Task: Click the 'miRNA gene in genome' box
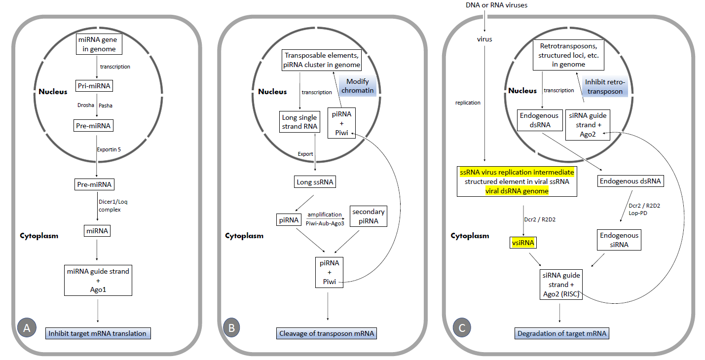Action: coord(99,44)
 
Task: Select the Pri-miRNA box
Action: coord(94,86)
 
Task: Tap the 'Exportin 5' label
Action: coord(109,149)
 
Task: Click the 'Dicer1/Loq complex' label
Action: coord(113,206)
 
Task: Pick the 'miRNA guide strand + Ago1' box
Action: coord(98,281)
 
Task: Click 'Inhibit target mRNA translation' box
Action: coord(98,333)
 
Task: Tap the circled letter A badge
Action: coord(27,327)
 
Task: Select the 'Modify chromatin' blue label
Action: coord(358,86)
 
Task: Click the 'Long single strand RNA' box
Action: coord(299,122)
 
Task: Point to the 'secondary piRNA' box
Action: coord(368,216)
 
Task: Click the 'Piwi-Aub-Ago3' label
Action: coord(325,223)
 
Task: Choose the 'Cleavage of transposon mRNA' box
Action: coord(327,333)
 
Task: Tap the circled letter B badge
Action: coord(232,327)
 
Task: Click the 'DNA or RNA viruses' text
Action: coord(496,5)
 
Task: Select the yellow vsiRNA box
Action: coord(523,243)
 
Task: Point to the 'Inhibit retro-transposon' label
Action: coord(605,86)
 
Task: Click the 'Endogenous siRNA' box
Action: coord(619,240)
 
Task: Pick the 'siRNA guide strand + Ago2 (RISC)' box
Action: coord(561,285)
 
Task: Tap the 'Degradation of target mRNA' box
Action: coord(562,333)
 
